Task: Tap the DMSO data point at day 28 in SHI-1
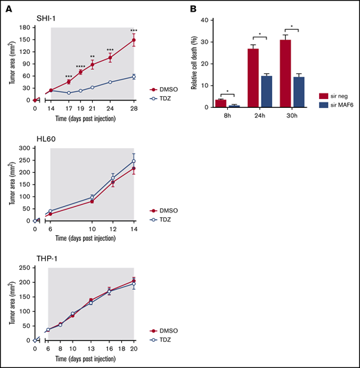coord(134,40)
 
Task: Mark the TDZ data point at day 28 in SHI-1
coord(134,76)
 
